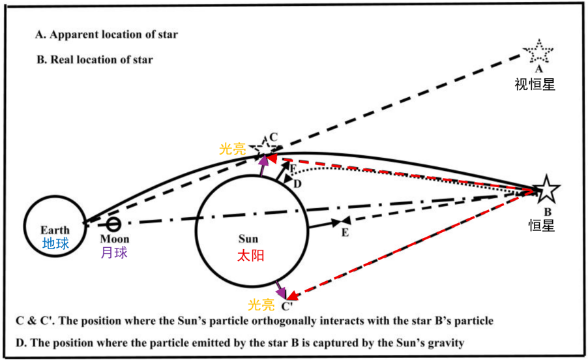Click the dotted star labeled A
coord(540,52)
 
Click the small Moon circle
coord(113,225)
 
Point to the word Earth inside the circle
coord(55,230)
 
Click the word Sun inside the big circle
coord(248,239)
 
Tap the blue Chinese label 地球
coord(55,243)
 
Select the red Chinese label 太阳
coord(250,255)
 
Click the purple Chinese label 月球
coord(113,253)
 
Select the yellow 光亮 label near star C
coord(233,149)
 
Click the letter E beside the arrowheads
coord(345,233)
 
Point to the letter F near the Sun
coord(293,169)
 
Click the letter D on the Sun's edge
coord(297,185)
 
